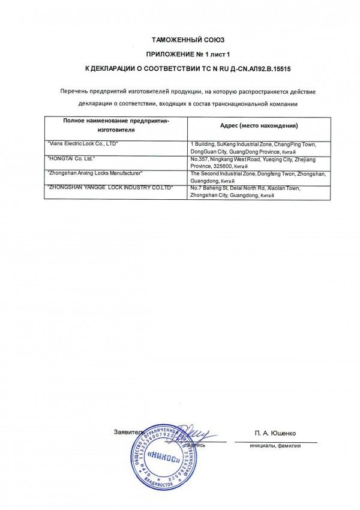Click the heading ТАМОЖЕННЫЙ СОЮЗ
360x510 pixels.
click(x=179, y=39)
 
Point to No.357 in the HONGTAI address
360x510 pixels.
click(x=199, y=159)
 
